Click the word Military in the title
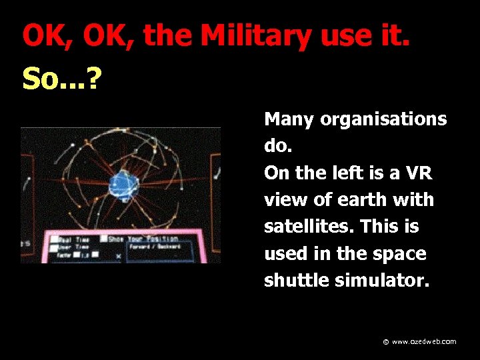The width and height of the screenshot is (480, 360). click(256, 36)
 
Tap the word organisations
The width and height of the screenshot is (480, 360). click(383, 120)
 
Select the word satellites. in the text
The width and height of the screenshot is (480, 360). click(308, 227)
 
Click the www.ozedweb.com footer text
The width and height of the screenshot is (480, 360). click(424, 341)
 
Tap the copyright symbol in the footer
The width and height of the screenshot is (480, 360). click(386, 342)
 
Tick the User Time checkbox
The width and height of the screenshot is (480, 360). click(53, 247)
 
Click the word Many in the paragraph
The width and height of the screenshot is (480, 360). click(289, 120)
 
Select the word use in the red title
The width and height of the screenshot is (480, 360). click(340, 36)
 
